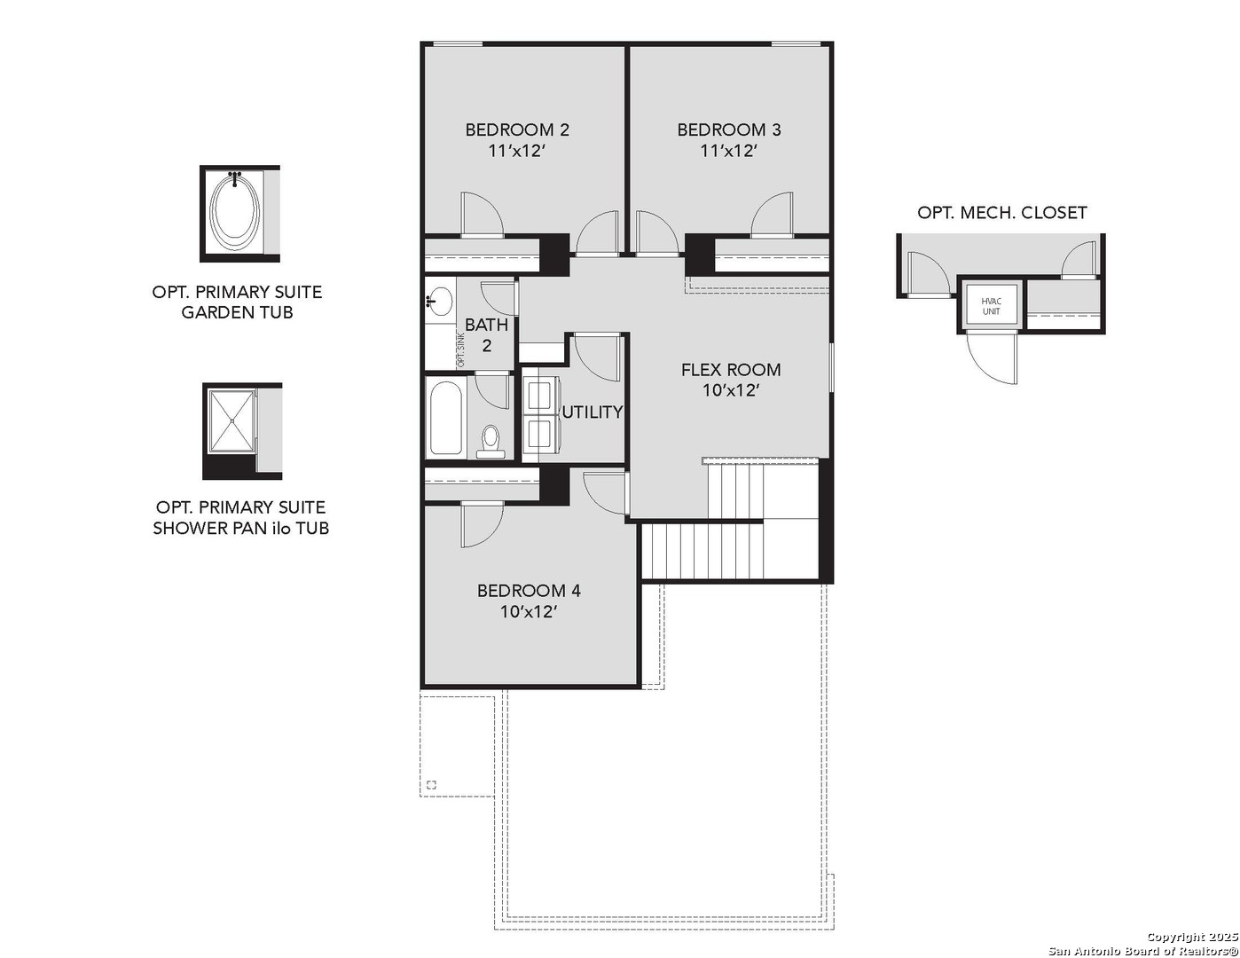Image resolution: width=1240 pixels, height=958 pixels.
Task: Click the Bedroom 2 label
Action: tap(517, 130)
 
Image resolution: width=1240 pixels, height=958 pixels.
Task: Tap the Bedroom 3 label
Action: tap(729, 130)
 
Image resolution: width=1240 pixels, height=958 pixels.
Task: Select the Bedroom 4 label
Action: tap(529, 591)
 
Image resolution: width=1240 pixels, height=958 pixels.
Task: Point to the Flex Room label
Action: tap(731, 370)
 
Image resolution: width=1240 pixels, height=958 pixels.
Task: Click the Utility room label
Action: tap(593, 412)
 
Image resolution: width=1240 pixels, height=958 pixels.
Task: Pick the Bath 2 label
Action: tap(486, 335)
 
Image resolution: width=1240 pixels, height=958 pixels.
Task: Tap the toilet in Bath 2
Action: tap(491, 439)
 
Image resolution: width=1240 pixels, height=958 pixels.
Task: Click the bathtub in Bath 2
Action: tap(445, 419)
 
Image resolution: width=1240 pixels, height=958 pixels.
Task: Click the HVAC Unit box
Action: tap(991, 306)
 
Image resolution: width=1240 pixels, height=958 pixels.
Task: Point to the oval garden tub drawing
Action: tap(234, 210)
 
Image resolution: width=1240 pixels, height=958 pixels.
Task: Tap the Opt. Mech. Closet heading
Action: tap(1001, 213)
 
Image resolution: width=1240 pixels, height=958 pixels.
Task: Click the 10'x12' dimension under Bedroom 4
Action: tap(529, 612)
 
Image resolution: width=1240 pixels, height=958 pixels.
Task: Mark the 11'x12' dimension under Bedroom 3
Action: tap(729, 151)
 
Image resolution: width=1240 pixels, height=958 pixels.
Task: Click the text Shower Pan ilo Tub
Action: tap(240, 529)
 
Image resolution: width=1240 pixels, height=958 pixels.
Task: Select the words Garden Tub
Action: tap(237, 313)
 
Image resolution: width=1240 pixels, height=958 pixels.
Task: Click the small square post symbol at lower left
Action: tap(431, 784)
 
